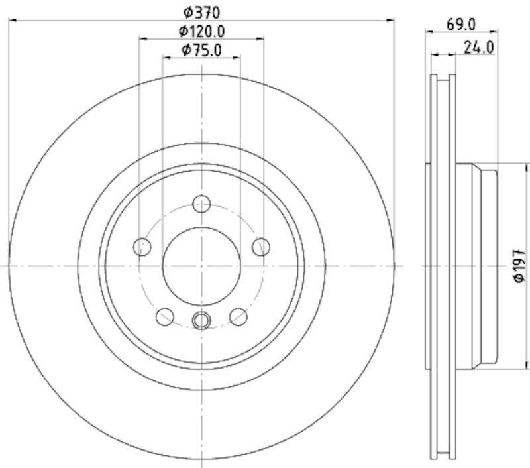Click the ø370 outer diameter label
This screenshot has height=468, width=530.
point(201,11)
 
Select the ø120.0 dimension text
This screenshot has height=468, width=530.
point(201,30)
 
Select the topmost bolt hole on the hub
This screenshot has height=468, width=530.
point(201,204)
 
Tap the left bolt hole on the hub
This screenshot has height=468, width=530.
point(142,247)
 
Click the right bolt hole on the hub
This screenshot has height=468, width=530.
point(261,247)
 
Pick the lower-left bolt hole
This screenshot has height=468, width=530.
point(165,317)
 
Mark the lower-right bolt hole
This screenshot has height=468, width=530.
point(238,317)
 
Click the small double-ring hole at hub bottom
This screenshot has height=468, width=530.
point(201,321)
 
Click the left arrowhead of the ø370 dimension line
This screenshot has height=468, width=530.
point(13,20)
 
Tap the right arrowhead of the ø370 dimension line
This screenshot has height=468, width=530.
point(390,20)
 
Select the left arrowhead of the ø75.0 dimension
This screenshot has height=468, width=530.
point(166,58)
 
